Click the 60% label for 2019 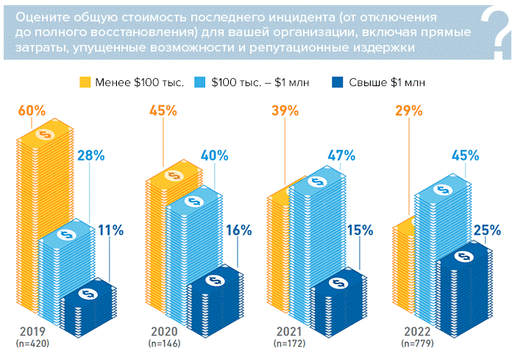click(31, 111)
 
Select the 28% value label click(91, 155)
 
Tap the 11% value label click(110, 230)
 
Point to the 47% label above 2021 click(341, 155)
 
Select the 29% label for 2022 click(408, 111)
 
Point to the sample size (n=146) click(164, 343)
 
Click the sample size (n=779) click(417, 343)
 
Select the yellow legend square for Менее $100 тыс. click(85, 82)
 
